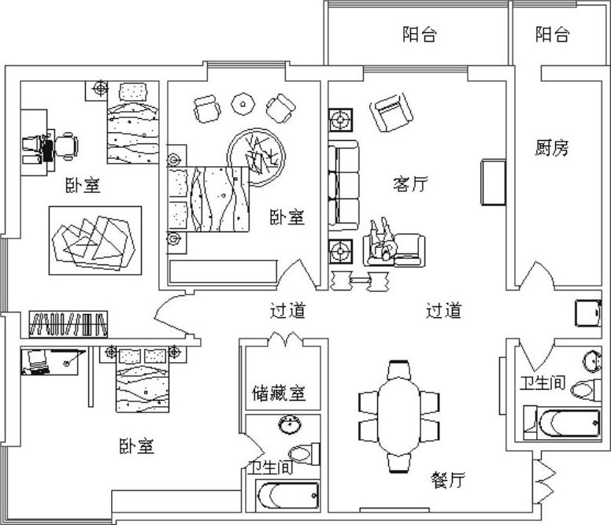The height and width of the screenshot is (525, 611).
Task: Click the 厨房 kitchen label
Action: click(x=551, y=148)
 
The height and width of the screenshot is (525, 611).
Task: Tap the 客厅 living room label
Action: click(x=409, y=184)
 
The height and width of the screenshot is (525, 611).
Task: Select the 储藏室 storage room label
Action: click(x=278, y=392)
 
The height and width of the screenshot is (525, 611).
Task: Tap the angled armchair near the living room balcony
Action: click(x=391, y=113)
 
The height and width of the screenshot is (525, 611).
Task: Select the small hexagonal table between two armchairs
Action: click(x=243, y=102)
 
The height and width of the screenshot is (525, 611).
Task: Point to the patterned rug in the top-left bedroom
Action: click(x=94, y=240)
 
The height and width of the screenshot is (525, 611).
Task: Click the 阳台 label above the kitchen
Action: click(x=552, y=35)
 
